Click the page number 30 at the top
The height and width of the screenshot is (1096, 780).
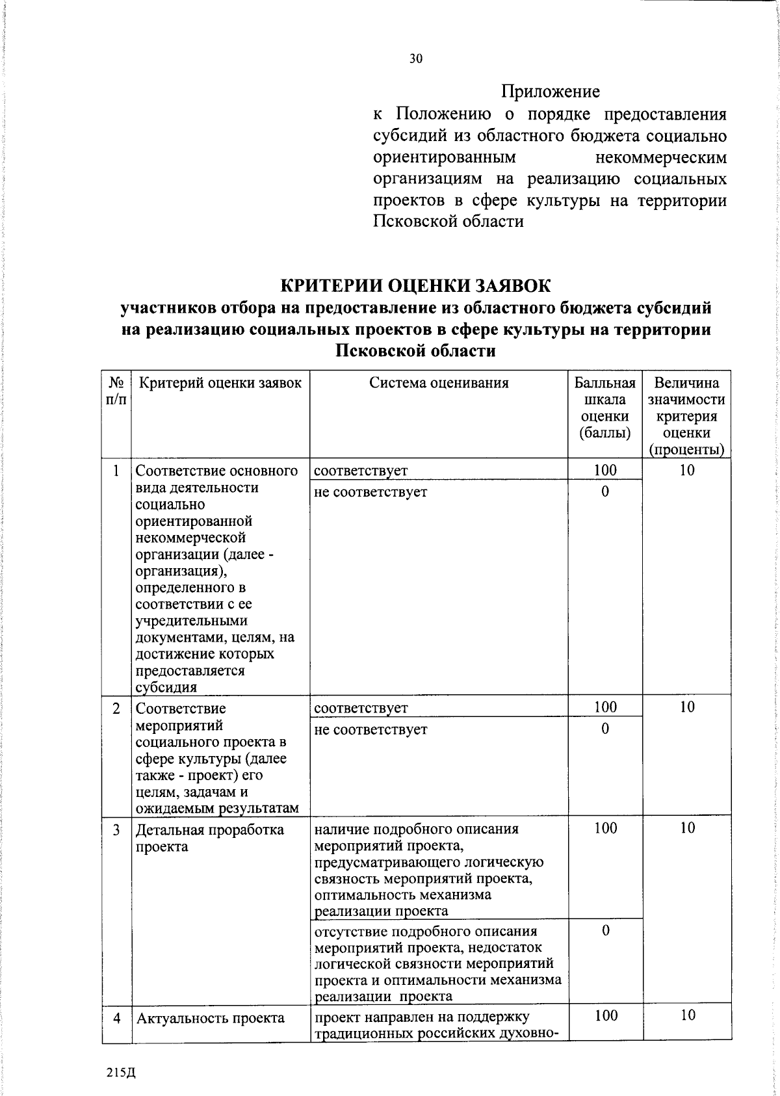point(416,59)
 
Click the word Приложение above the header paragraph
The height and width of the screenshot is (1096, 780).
point(550,92)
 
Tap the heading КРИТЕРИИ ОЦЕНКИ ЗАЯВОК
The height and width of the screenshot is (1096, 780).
point(415,286)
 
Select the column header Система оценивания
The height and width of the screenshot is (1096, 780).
point(439,383)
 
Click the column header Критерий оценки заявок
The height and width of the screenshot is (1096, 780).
point(220,383)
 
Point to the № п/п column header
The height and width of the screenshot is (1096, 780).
point(116,391)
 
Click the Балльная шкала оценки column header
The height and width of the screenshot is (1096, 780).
point(604,408)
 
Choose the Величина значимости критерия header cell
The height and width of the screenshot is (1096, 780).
point(686,416)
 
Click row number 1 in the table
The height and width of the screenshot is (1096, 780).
point(116,471)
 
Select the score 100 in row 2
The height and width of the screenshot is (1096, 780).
point(605,707)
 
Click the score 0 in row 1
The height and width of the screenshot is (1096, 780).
point(605,491)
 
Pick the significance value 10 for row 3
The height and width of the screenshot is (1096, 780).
point(687,828)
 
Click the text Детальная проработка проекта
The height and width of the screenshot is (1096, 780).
point(209,838)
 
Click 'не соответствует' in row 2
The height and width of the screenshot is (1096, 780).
point(370,729)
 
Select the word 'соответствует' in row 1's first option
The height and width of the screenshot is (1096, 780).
point(361,471)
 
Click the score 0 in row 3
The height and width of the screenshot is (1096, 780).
point(605,930)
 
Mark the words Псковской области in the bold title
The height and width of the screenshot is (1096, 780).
point(415,351)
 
